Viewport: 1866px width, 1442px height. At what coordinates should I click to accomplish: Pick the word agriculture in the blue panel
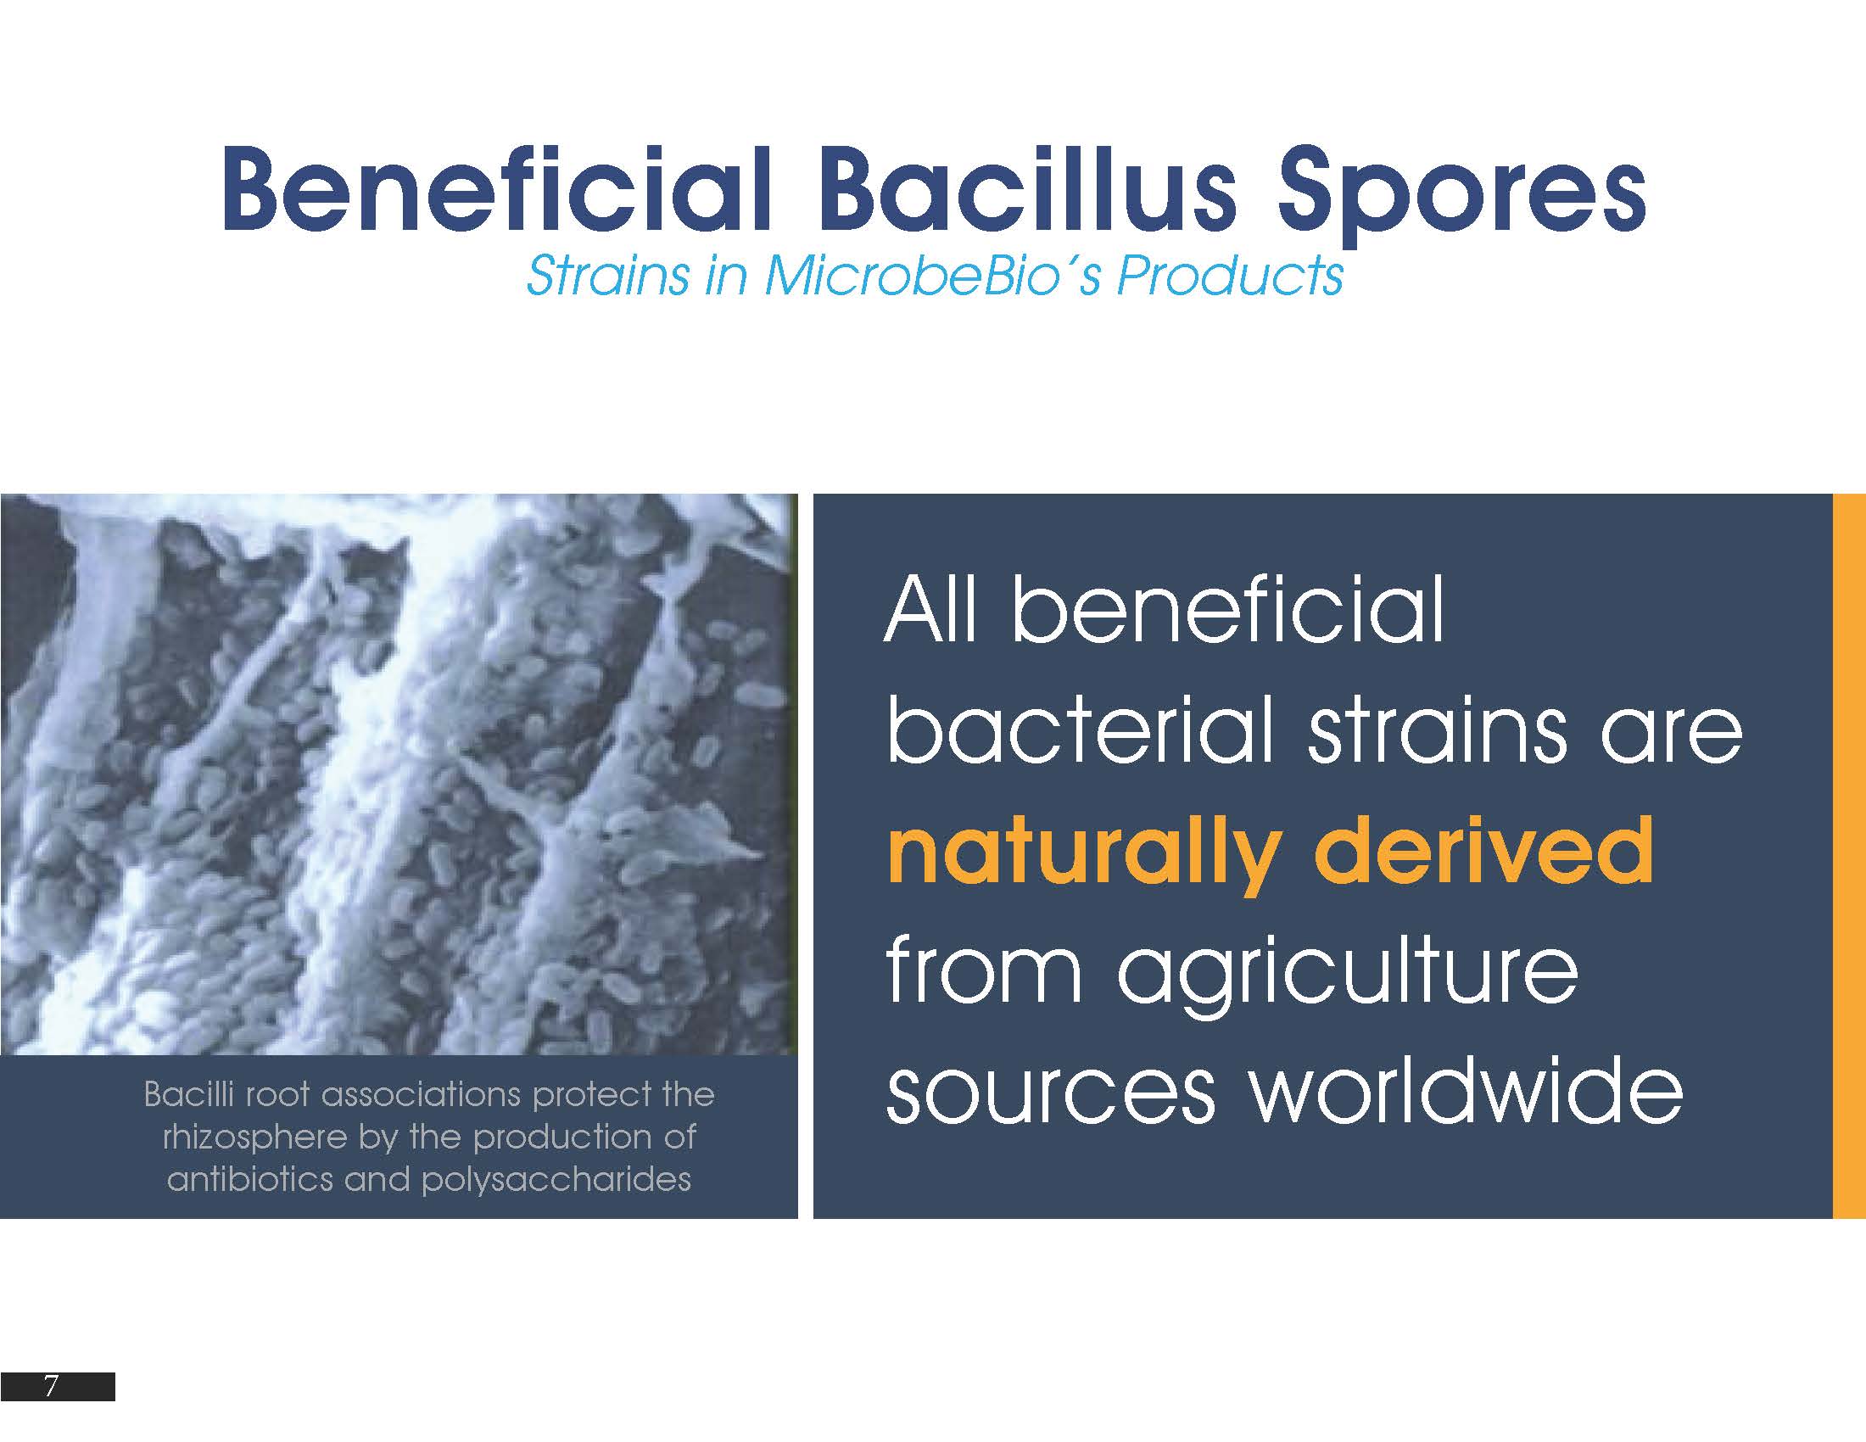(1348, 976)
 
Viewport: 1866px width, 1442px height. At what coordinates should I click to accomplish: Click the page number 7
(50, 1387)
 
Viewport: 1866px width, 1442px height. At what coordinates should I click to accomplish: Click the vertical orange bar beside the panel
(1850, 856)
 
